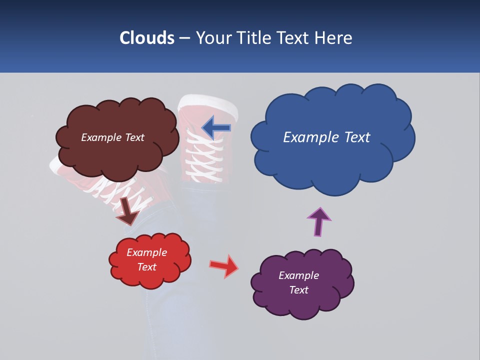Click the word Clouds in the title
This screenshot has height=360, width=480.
(x=147, y=38)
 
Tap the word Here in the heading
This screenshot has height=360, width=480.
(x=334, y=38)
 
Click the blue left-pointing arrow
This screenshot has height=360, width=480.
(x=216, y=127)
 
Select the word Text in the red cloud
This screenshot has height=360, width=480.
(x=147, y=267)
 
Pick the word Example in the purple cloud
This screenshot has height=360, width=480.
(x=298, y=275)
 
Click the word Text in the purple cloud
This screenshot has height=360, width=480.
(x=298, y=290)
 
